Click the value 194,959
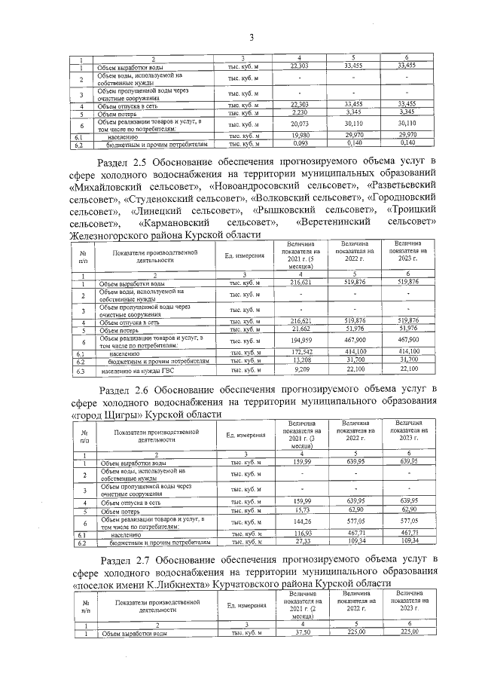pos(299,341)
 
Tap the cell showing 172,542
pos(299,353)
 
